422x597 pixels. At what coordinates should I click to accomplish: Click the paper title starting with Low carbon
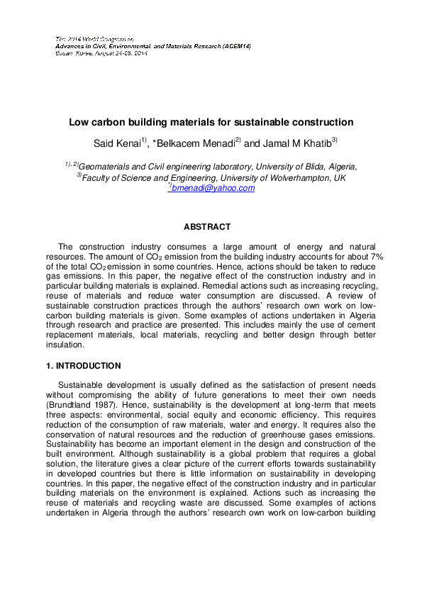[211, 122]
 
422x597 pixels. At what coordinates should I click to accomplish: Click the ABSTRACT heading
[207, 227]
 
